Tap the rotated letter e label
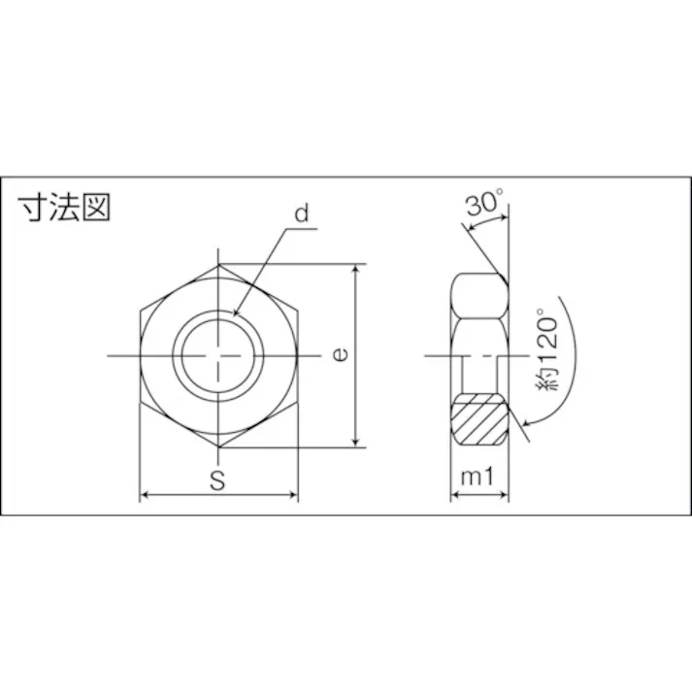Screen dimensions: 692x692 pyautogui.click(x=339, y=355)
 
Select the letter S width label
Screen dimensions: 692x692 pyautogui.click(x=218, y=478)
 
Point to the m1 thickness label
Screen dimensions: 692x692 pyautogui.click(x=479, y=478)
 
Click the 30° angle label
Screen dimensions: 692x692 pyautogui.click(x=484, y=204)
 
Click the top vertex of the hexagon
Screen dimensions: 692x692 pyautogui.click(x=219, y=265)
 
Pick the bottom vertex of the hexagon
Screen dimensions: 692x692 pyautogui.click(x=219, y=447)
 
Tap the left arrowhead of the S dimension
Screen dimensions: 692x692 pyautogui.click(x=146, y=496)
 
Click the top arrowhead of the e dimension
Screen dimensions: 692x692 pyautogui.click(x=361, y=269)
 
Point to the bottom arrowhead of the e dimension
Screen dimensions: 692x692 pyautogui.click(x=361, y=443)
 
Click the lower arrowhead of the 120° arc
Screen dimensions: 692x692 pyautogui.click(x=527, y=422)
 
